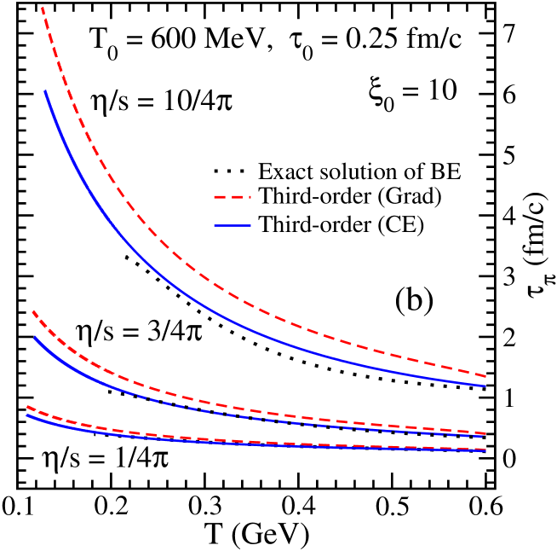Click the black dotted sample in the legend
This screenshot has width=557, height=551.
[x=233, y=171]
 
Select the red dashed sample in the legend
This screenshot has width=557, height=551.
[x=233, y=198]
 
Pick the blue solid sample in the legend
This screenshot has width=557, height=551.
[x=233, y=226]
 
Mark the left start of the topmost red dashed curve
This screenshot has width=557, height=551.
[x=42, y=8]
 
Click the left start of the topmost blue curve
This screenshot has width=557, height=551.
[x=45, y=91]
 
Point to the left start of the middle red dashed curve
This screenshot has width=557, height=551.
[x=33, y=312]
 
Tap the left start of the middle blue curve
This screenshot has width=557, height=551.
[x=35, y=338]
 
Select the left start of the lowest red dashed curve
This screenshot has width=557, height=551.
[x=28, y=407]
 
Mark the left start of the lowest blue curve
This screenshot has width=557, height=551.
[x=27, y=415]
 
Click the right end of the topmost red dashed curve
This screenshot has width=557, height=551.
[x=485, y=376]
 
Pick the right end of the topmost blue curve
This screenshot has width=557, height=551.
[x=485, y=386]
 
